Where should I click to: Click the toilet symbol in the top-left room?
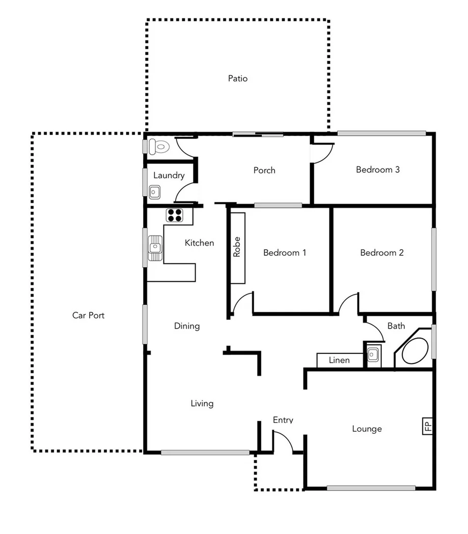click(x=160, y=147)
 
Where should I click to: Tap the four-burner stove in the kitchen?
click(x=175, y=215)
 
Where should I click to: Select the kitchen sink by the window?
click(x=155, y=248)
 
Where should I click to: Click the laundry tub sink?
click(x=155, y=192)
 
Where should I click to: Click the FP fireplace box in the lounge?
click(x=428, y=426)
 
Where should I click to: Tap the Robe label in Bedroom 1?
click(x=236, y=247)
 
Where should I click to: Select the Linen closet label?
click(x=339, y=360)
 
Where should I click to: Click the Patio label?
click(x=238, y=79)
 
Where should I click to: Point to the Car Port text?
click(x=89, y=315)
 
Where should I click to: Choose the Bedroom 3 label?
click(x=377, y=170)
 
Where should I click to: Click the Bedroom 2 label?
click(x=381, y=253)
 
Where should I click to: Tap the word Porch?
click(x=264, y=170)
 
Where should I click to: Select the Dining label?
click(x=187, y=326)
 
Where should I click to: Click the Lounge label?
click(x=367, y=429)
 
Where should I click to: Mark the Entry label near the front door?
click(x=283, y=420)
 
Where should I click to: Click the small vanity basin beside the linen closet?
click(x=373, y=354)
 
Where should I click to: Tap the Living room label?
click(x=202, y=404)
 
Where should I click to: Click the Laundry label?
click(x=169, y=175)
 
